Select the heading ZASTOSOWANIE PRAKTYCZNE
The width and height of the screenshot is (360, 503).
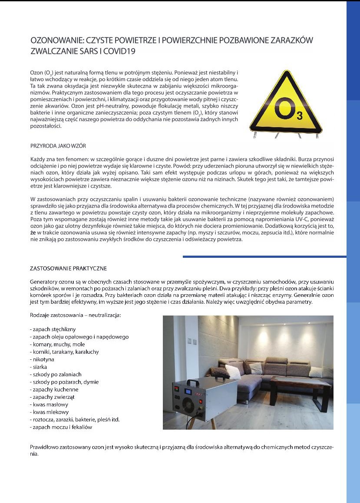point(68,268)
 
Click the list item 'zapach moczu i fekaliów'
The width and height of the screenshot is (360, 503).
point(61,427)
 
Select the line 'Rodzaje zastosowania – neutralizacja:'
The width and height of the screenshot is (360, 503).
point(75,314)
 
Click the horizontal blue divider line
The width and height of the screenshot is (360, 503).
point(264,256)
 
